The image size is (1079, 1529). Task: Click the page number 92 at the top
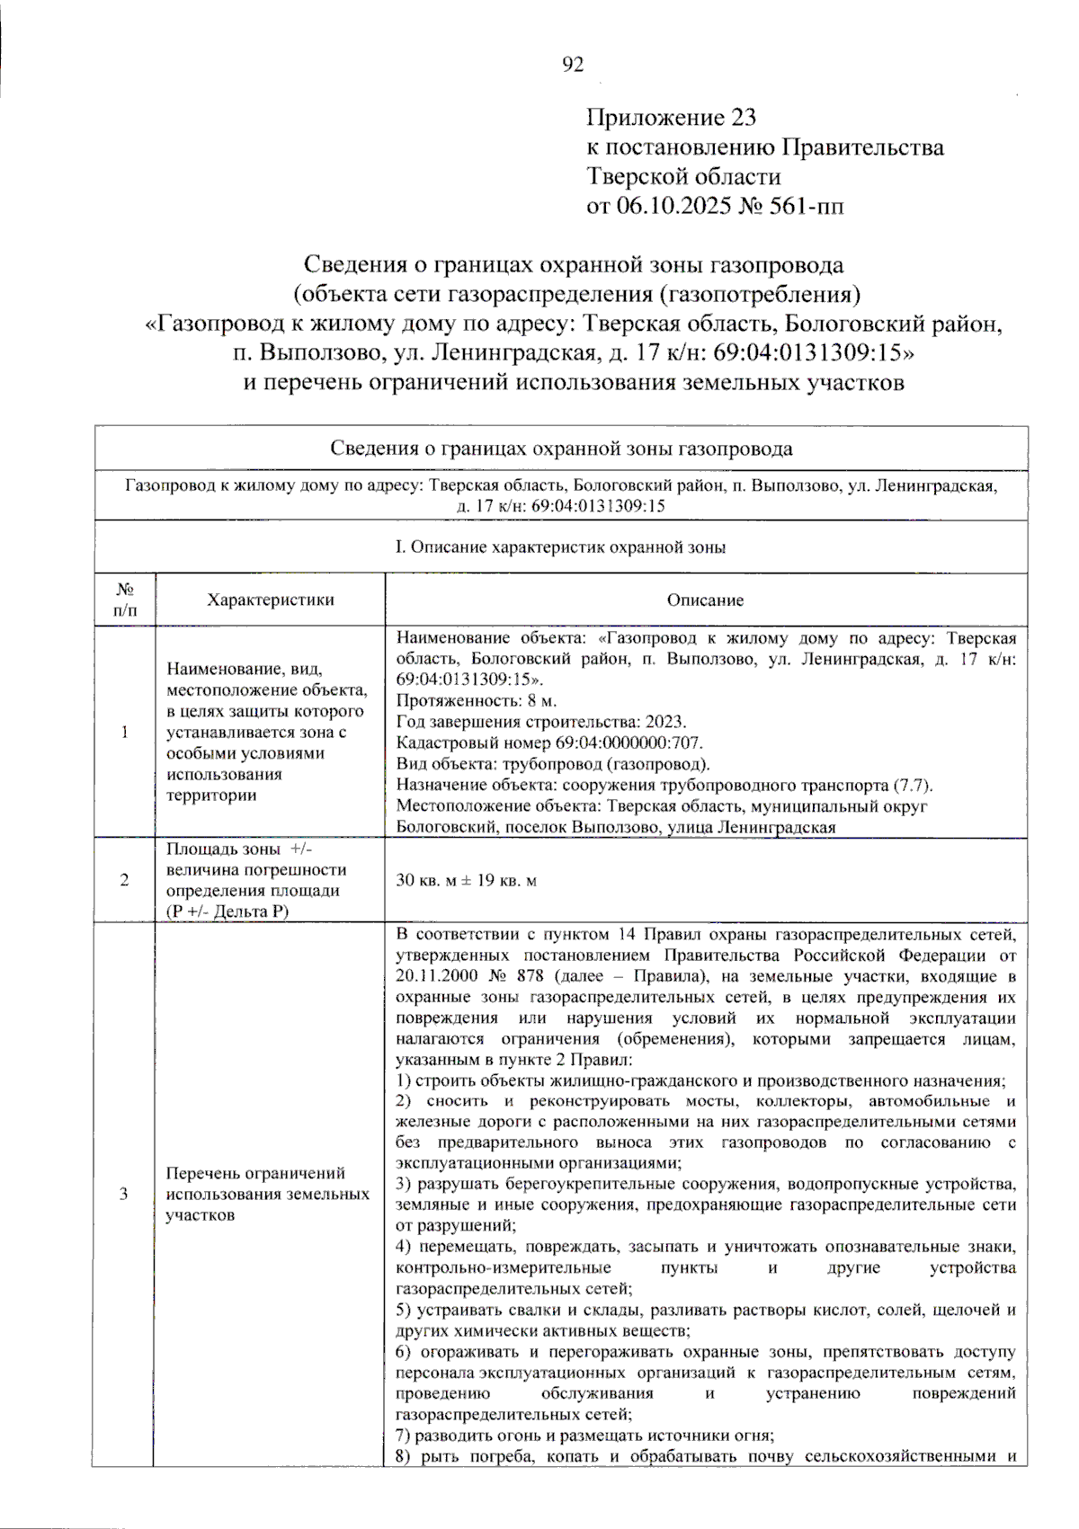pyautogui.click(x=573, y=65)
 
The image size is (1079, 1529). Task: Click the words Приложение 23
pyautogui.click(x=671, y=118)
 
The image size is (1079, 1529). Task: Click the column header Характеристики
pyautogui.click(x=270, y=600)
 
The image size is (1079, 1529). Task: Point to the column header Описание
pyautogui.click(x=705, y=600)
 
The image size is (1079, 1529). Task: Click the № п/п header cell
pyautogui.click(x=124, y=600)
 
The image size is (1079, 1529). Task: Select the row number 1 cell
pyautogui.click(x=124, y=732)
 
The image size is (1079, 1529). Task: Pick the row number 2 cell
pyautogui.click(x=124, y=880)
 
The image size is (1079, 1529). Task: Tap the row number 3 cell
pyautogui.click(x=124, y=1194)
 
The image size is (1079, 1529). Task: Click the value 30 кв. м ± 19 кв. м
pyautogui.click(x=466, y=880)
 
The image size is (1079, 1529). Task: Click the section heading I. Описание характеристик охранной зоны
pyautogui.click(x=561, y=547)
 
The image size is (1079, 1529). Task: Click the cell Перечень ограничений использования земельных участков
pyautogui.click(x=267, y=1194)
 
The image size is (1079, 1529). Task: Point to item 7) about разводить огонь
pyautogui.click(x=584, y=1435)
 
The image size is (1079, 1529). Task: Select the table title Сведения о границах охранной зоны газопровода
pyautogui.click(x=561, y=449)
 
